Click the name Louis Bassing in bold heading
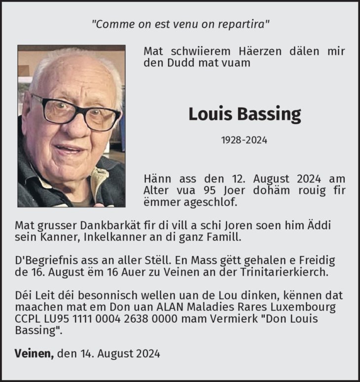[244, 114]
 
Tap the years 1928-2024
[244, 140]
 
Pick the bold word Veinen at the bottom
[34, 353]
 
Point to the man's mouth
[70, 148]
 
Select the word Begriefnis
[47, 260]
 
